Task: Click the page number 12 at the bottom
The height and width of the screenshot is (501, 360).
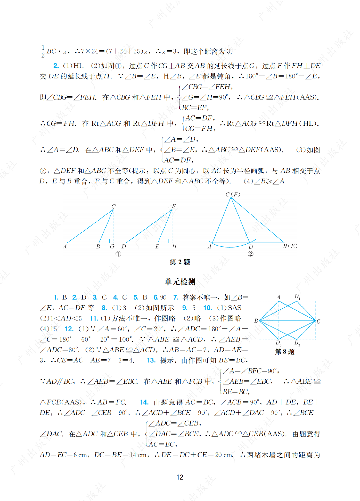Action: click(x=180, y=477)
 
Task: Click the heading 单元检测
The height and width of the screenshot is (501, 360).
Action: click(x=180, y=282)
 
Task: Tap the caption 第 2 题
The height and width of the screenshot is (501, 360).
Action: click(x=180, y=262)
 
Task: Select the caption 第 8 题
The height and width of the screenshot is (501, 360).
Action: click(x=285, y=351)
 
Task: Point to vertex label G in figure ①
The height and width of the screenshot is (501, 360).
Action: click(x=112, y=247)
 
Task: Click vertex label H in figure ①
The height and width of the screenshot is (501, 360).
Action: click(x=174, y=246)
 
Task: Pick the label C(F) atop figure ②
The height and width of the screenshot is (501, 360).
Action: click(x=233, y=194)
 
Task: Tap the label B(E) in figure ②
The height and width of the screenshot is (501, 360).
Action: click(x=290, y=246)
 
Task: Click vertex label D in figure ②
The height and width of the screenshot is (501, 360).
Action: click(x=251, y=247)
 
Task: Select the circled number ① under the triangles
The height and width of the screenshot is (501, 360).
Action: click(x=118, y=254)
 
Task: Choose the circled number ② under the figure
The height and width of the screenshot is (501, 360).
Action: click(x=251, y=254)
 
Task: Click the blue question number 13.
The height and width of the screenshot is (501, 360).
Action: click(x=151, y=360)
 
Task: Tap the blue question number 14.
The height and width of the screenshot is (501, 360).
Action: click(x=144, y=402)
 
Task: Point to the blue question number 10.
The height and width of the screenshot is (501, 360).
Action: click(x=207, y=308)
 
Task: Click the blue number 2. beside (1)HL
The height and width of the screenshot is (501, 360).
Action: click(x=56, y=66)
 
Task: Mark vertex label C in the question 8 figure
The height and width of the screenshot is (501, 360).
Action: click(x=318, y=321)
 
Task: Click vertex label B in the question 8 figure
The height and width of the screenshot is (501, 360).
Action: click(x=256, y=321)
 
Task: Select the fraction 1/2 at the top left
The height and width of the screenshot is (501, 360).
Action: click(x=43, y=51)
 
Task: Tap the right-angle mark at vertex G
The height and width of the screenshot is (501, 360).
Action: click(x=111, y=241)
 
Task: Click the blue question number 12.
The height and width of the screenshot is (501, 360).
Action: click(x=69, y=329)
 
